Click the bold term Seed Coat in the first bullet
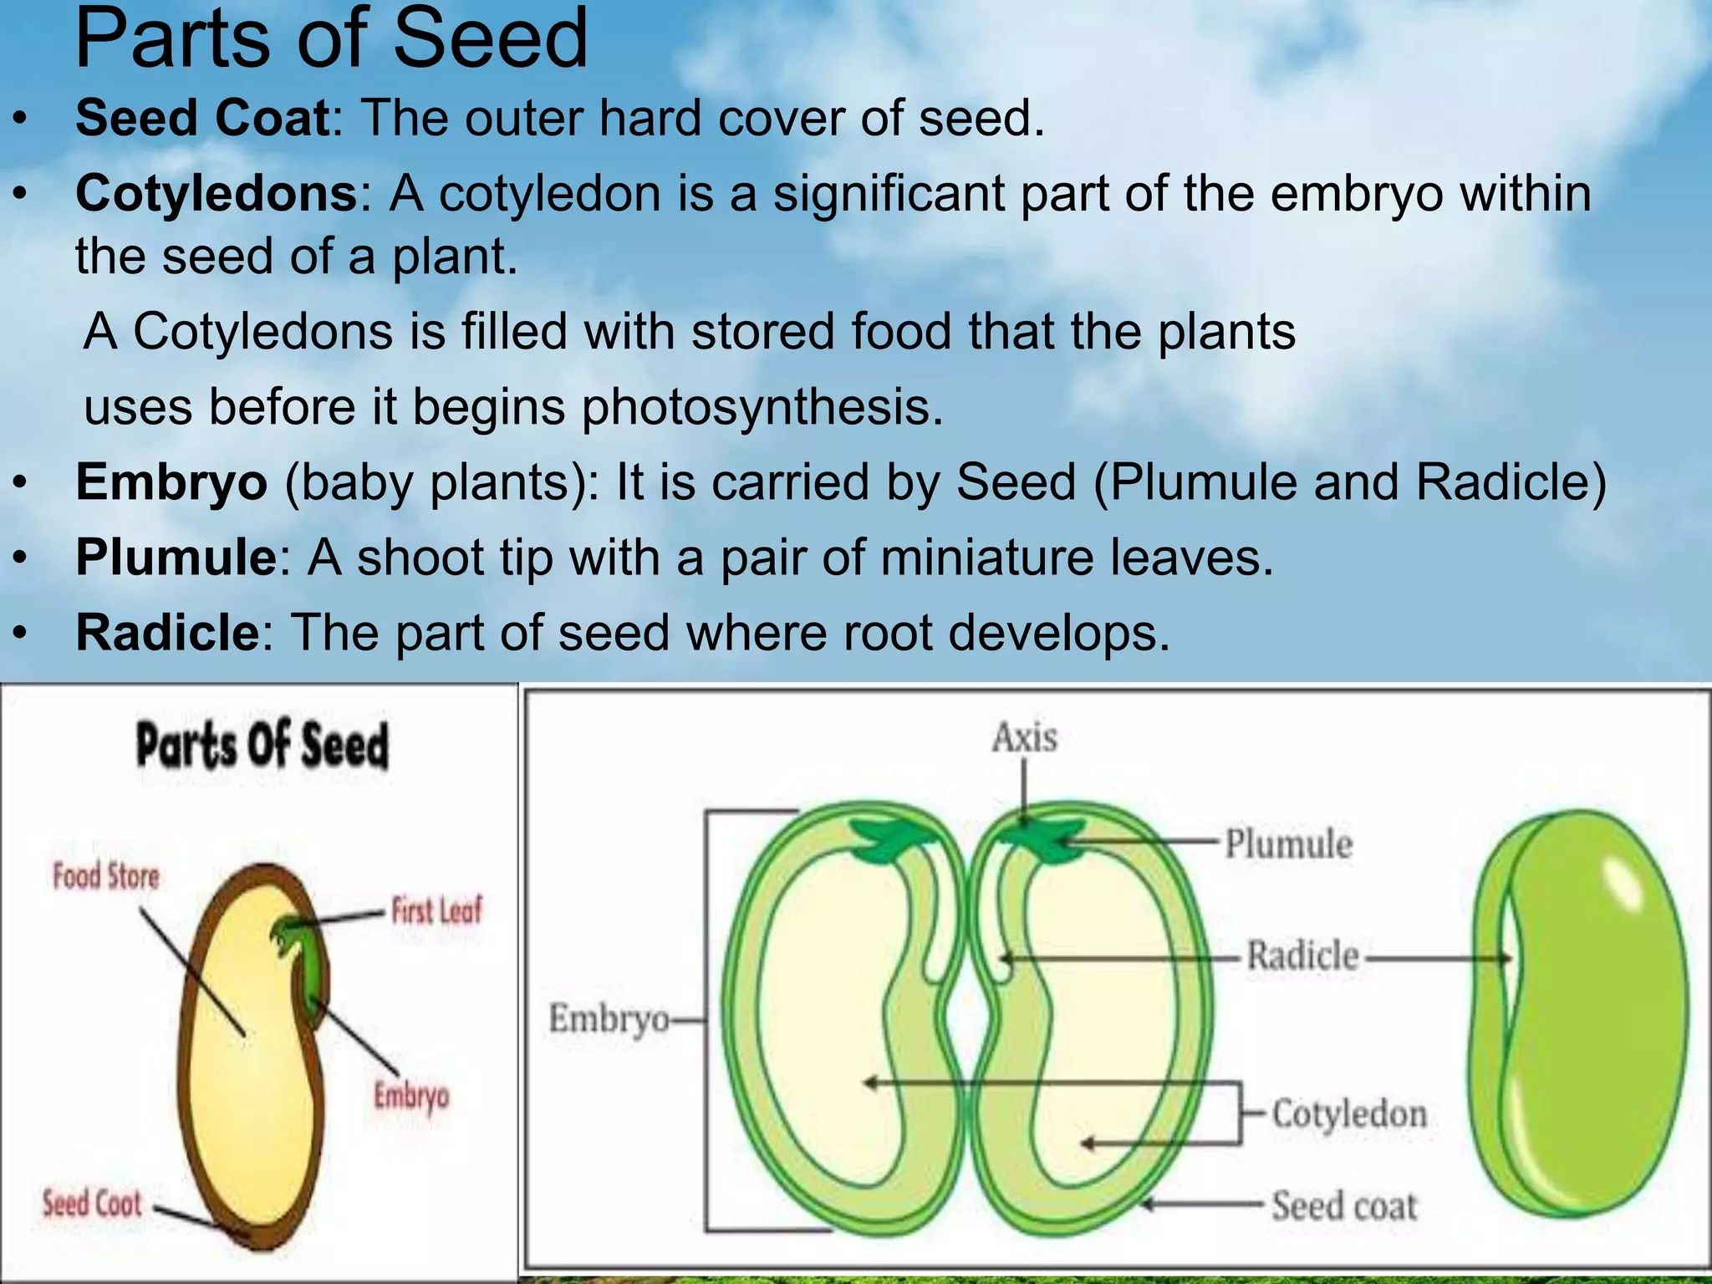coord(203,118)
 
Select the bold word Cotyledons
coord(217,193)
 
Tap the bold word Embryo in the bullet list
coord(171,482)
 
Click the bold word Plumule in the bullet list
coord(176,558)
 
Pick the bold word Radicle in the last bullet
coord(168,633)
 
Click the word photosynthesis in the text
coord(762,407)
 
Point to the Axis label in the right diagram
coord(1024,737)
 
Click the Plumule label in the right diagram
coord(1288,843)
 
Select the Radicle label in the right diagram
coord(1302,955)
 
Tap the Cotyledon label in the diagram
coord(1348,1113)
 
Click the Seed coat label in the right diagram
coord(1344,1206)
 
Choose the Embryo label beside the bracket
coord(608,1019)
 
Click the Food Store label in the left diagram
coord(105,876)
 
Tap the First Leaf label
coord(436,910)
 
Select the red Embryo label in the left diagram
coord(410,1096)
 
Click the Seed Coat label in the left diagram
coord(92,1204)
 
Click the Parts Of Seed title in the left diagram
coord(262,745)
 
